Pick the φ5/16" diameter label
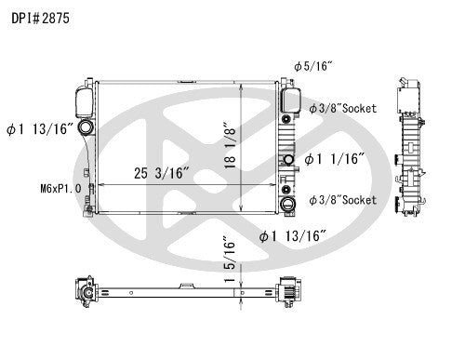pyautogui.click(x=312, y=67)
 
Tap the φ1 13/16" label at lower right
pyautogui.click(x=291, y=236)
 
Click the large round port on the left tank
pyautogui.click(x=86, y=128)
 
